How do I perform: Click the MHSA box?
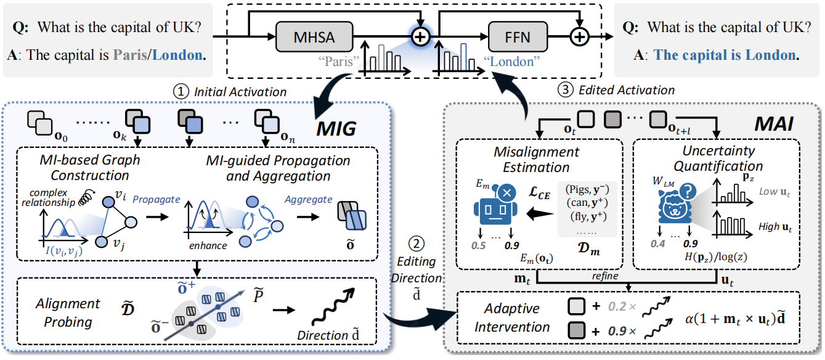(314, 36)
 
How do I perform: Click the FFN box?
(518, 36)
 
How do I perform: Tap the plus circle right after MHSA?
(420, 36)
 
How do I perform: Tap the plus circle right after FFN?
(580, 36)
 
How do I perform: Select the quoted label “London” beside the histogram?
(511, 61)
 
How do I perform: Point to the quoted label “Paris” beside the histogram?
(339, 61)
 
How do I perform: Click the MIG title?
(336, 129)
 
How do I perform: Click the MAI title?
(774, 124)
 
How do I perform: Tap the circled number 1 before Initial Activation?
(181, 91)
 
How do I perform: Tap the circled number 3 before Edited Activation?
(566, 89)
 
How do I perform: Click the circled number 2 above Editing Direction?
(417, 243)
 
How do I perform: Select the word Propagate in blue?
(156, 199)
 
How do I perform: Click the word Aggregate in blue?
(308, 199)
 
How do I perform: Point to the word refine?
(605, 276)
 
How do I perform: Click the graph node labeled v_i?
(108, 202)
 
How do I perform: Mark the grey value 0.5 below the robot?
(479, 245)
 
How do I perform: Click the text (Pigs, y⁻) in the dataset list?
(587, 189)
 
